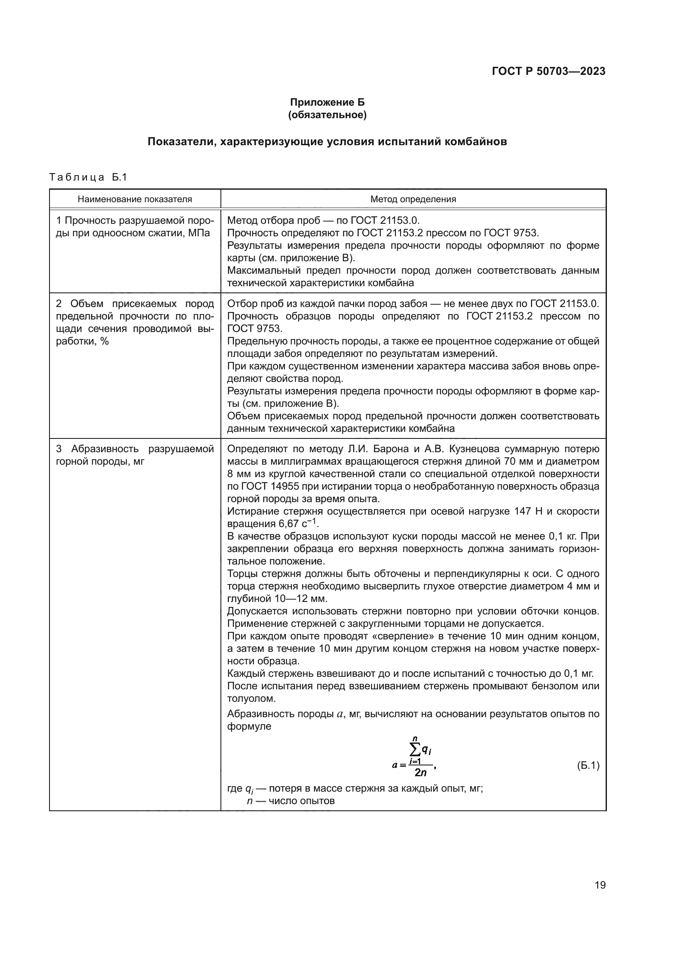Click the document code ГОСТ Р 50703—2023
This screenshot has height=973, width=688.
click(548, 71)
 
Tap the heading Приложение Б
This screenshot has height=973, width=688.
click(327, 102)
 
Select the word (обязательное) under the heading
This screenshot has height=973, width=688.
click(327, 115)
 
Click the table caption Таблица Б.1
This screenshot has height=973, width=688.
click(88, 177)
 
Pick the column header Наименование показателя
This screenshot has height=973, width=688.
click(135, 199)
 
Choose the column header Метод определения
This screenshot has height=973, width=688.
click(413, 199)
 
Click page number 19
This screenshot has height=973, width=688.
click(600, 897)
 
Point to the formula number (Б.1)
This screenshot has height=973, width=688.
click(588, 765)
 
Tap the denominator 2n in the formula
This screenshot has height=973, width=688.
click(420, 772)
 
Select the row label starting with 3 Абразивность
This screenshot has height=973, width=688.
click(135, 455)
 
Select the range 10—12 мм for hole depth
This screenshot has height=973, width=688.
click(300, 599)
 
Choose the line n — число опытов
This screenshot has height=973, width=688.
click(291, 801)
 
